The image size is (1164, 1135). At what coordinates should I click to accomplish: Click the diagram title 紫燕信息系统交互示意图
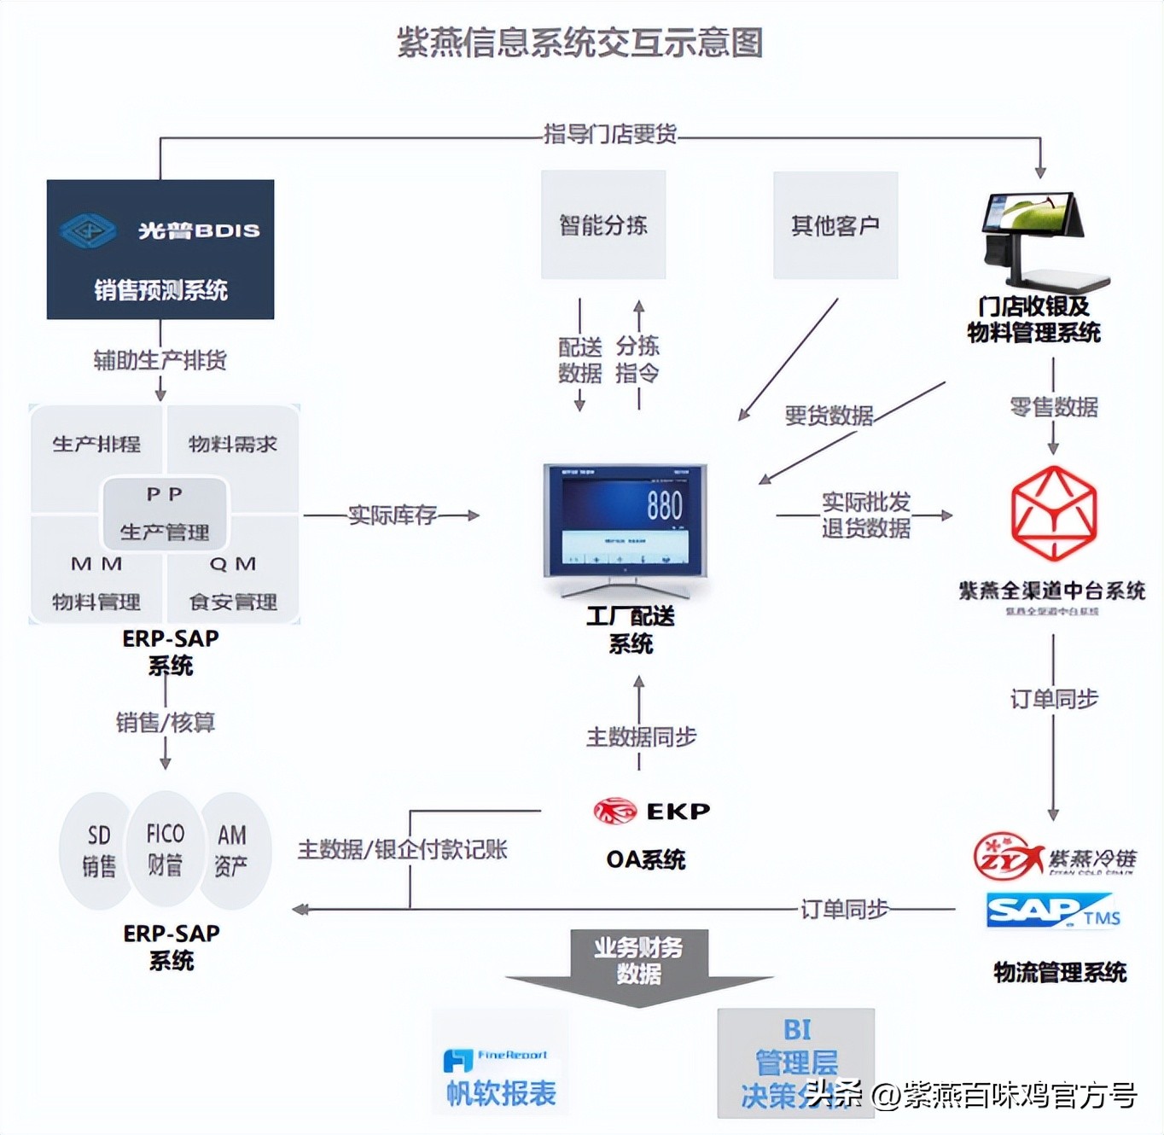pos(580,43)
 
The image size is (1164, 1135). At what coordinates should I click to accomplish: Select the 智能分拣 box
pos(603,225)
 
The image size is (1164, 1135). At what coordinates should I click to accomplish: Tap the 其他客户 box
pos(835,225)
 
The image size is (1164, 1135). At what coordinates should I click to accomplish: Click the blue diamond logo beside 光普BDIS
pos(88,230)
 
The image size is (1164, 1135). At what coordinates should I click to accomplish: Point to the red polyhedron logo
pos(1053,513)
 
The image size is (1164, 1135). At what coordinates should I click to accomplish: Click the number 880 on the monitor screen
pos(664,505)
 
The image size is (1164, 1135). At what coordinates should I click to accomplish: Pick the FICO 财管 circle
pos(165,848)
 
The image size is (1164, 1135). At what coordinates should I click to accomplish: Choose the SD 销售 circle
pos(98,850)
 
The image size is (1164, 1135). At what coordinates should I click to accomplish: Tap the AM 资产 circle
pos(232,850)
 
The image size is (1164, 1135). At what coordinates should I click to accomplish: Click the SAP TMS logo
pos(1052,911)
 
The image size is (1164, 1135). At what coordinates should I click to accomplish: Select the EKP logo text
pos(678,811)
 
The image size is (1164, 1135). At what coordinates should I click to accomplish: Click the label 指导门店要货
pos(610,134)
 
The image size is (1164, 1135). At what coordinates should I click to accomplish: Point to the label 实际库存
pos(393,515)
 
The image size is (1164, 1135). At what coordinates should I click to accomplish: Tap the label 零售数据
pos(1053,407)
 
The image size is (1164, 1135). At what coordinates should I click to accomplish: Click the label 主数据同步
pos(641,736)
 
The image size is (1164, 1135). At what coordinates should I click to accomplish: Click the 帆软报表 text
pos(501,1093)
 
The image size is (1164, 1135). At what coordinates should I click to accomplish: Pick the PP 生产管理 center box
pos(165,512)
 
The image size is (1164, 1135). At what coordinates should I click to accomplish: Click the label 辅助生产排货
pos(160,360)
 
